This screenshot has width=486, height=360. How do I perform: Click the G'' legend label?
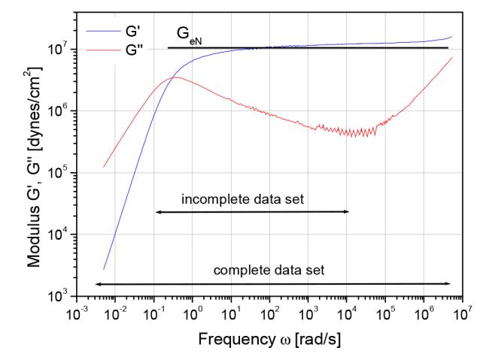(x=135, y=50)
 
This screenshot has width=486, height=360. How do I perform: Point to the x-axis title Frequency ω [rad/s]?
(x=269, y=340)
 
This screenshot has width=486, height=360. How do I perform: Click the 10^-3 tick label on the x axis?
(x=75, y=310)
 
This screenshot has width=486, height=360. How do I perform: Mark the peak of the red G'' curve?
(x=175, y=77)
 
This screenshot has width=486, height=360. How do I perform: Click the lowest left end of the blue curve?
(x=104, y=269)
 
